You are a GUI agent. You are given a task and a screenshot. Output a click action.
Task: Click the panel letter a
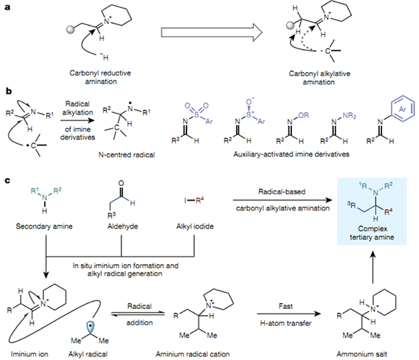pos(8,7)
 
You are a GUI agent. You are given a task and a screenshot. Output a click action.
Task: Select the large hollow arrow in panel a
pos(212,32)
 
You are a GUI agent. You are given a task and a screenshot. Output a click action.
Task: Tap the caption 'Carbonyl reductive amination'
pos(100,77)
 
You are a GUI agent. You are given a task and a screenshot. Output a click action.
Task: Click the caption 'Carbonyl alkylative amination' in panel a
pos(319,78)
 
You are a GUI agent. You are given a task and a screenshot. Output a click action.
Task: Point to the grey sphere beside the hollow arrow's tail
pos(71,29)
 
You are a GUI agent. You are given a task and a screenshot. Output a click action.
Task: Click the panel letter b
pos(8,91)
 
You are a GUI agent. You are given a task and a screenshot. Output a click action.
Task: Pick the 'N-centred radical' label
pos(126,154)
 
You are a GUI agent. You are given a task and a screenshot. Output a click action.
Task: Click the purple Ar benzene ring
pos(402,109)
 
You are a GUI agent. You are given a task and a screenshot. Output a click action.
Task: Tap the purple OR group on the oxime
pos(303,115)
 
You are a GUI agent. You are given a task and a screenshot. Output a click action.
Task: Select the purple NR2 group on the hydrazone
pos(350,115)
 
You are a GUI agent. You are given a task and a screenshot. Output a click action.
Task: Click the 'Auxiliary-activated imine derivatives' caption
pos(291,154)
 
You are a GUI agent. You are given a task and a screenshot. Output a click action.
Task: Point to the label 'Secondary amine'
pos(44,226)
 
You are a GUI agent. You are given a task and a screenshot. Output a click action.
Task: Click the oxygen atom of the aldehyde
pos(121,183)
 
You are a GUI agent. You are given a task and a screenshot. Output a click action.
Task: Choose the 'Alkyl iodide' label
pos(195,226)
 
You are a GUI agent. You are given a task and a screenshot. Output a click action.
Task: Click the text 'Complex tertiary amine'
pos(372,233)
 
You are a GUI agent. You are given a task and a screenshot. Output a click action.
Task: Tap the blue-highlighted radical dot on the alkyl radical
pos(91,326)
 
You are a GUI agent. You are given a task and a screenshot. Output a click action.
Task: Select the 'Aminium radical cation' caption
pos(193,354)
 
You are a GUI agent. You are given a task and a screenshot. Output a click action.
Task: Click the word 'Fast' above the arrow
pos(286,306)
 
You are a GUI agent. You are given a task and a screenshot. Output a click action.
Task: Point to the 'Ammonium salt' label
pos(362,354)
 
